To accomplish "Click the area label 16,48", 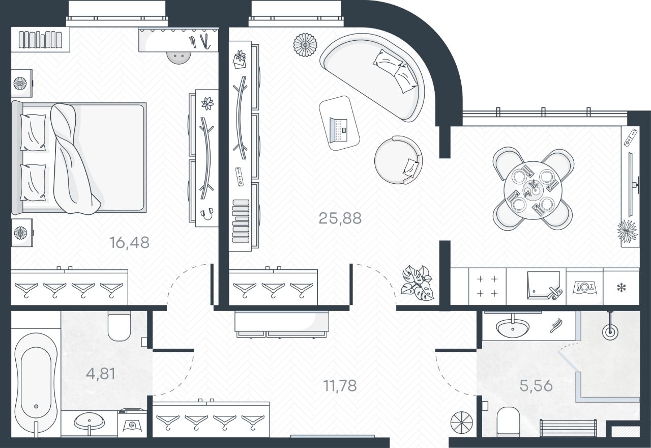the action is [x=129, y=242].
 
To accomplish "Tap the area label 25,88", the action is [x=340, y=218].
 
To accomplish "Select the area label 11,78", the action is [x=340, y=385].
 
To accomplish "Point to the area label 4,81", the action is [x=100, y=374].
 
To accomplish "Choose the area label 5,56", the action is [x=536, y=385].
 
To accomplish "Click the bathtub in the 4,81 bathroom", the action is [x=36, y=382].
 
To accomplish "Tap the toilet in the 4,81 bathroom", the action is [x=120, y=327].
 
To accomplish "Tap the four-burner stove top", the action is [x=487, y=286].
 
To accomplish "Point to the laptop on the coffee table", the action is [x=339, y=129].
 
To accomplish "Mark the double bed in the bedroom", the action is [x=81, y=158].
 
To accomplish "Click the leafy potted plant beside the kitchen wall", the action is [x=417, y=284].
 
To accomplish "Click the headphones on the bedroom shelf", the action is [x=206, y=213].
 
